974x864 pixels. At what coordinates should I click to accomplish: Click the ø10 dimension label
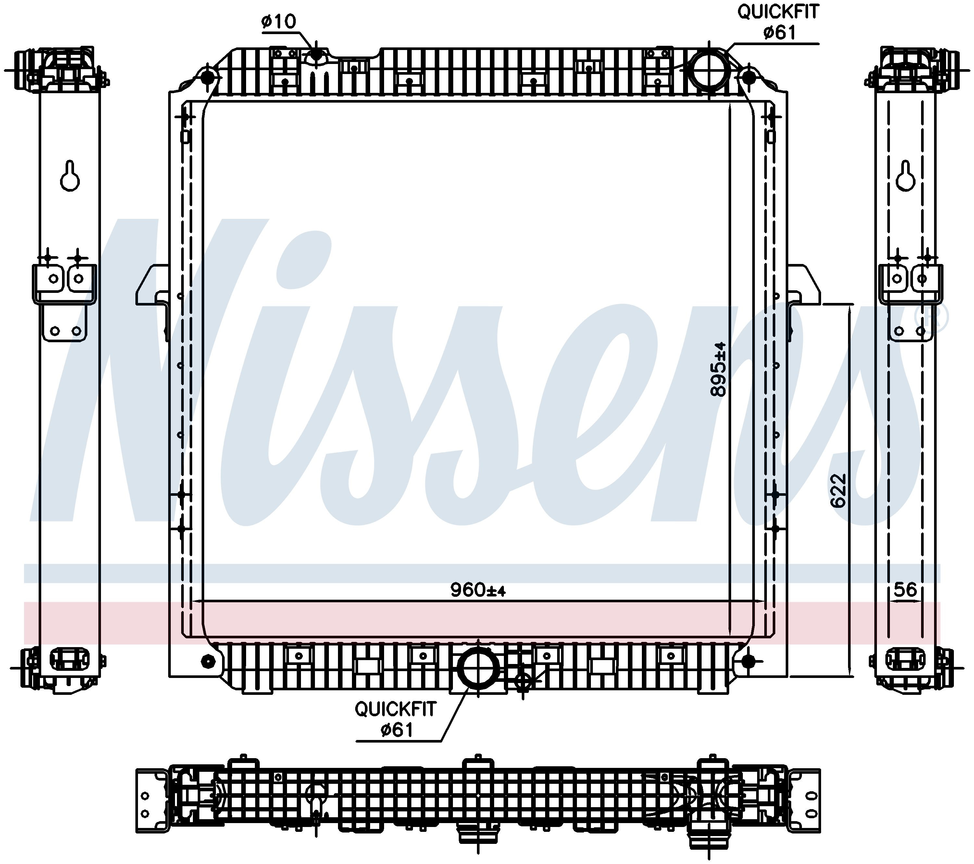[279, 21]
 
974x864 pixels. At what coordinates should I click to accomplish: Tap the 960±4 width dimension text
[478, 590]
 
